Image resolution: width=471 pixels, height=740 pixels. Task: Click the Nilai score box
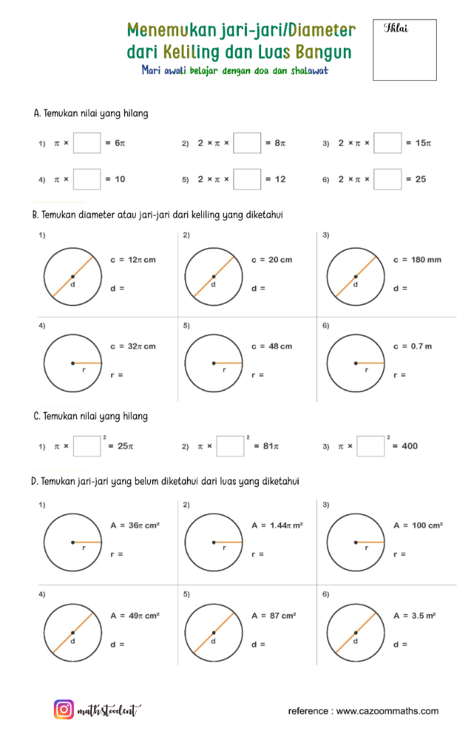click(404, 50)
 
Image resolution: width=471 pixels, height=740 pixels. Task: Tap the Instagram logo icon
click(64, 710)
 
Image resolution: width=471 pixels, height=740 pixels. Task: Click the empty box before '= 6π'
click(87, 143)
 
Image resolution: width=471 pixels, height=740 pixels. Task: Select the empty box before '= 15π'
click(388, 143)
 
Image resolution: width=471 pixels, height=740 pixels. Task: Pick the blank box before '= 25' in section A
click(388, 180)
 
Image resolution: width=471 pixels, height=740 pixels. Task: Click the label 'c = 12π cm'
click(133, 260)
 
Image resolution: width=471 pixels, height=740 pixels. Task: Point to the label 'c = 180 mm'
click(417, 260)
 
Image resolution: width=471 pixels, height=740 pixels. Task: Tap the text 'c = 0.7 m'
click(412, 346)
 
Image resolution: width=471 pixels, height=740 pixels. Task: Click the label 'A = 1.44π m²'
click(276, 525)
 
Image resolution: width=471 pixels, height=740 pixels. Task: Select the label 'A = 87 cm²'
click(274, 616)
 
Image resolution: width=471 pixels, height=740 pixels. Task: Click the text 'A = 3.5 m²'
click(415, 616)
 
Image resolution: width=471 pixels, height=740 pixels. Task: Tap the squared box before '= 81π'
click(230, 446)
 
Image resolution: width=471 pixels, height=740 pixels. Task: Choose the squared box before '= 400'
click(370, 446)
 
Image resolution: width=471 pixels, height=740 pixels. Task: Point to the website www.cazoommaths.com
click(388, 710)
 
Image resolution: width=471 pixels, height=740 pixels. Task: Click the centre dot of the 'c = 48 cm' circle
click(214, 363)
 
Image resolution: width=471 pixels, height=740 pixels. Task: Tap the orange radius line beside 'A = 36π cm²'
click(87, 542)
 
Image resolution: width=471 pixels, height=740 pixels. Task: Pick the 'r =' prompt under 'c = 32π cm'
click(116, 375)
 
